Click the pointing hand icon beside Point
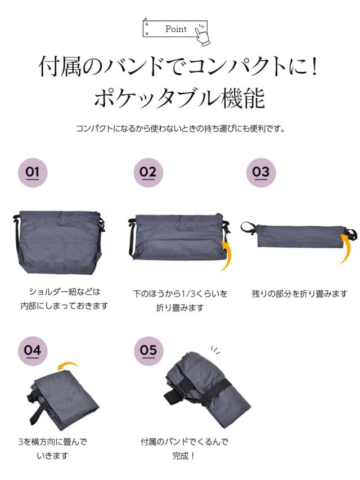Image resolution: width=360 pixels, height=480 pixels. click(202, 34)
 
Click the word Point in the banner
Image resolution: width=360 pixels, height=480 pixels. click(176, 29)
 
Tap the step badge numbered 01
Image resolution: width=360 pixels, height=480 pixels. click(33, 172)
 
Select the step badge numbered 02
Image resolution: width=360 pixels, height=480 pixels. click(148, 172)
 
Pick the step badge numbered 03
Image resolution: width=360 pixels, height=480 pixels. click(261, 172)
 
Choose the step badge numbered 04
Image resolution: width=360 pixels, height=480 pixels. click(33, 351)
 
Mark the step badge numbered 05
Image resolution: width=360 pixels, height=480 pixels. click(148, 351)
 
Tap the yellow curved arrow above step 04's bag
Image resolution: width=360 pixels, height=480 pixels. click(69, 364)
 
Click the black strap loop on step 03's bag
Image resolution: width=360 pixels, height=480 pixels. click(248, 228)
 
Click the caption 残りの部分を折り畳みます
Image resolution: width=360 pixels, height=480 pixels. click(299, 294)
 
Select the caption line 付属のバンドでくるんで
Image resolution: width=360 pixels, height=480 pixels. click(184, 442)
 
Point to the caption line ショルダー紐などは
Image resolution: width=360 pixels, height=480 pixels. click(65, 291)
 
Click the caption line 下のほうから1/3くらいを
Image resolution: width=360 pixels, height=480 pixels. click(180, 294)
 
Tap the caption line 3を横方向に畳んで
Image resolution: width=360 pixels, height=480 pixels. click(53, 442)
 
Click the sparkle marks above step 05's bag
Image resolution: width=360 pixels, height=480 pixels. click(215, 350)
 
